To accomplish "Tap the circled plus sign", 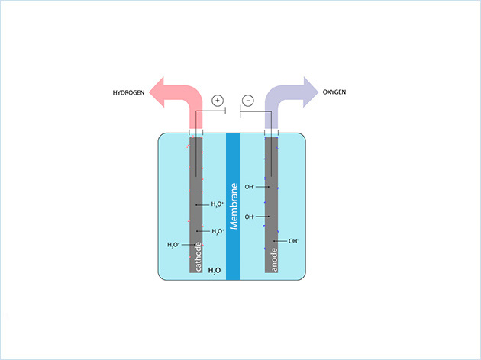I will tap(217, 100).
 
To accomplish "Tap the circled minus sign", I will tap(247, 100).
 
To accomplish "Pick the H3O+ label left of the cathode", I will tap(174, 245).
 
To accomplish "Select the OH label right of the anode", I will tap(292, 241).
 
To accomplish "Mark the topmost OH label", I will tap(249, 187).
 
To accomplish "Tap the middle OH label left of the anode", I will tap(249, 217).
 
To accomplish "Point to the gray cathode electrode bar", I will tap(195, 191).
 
